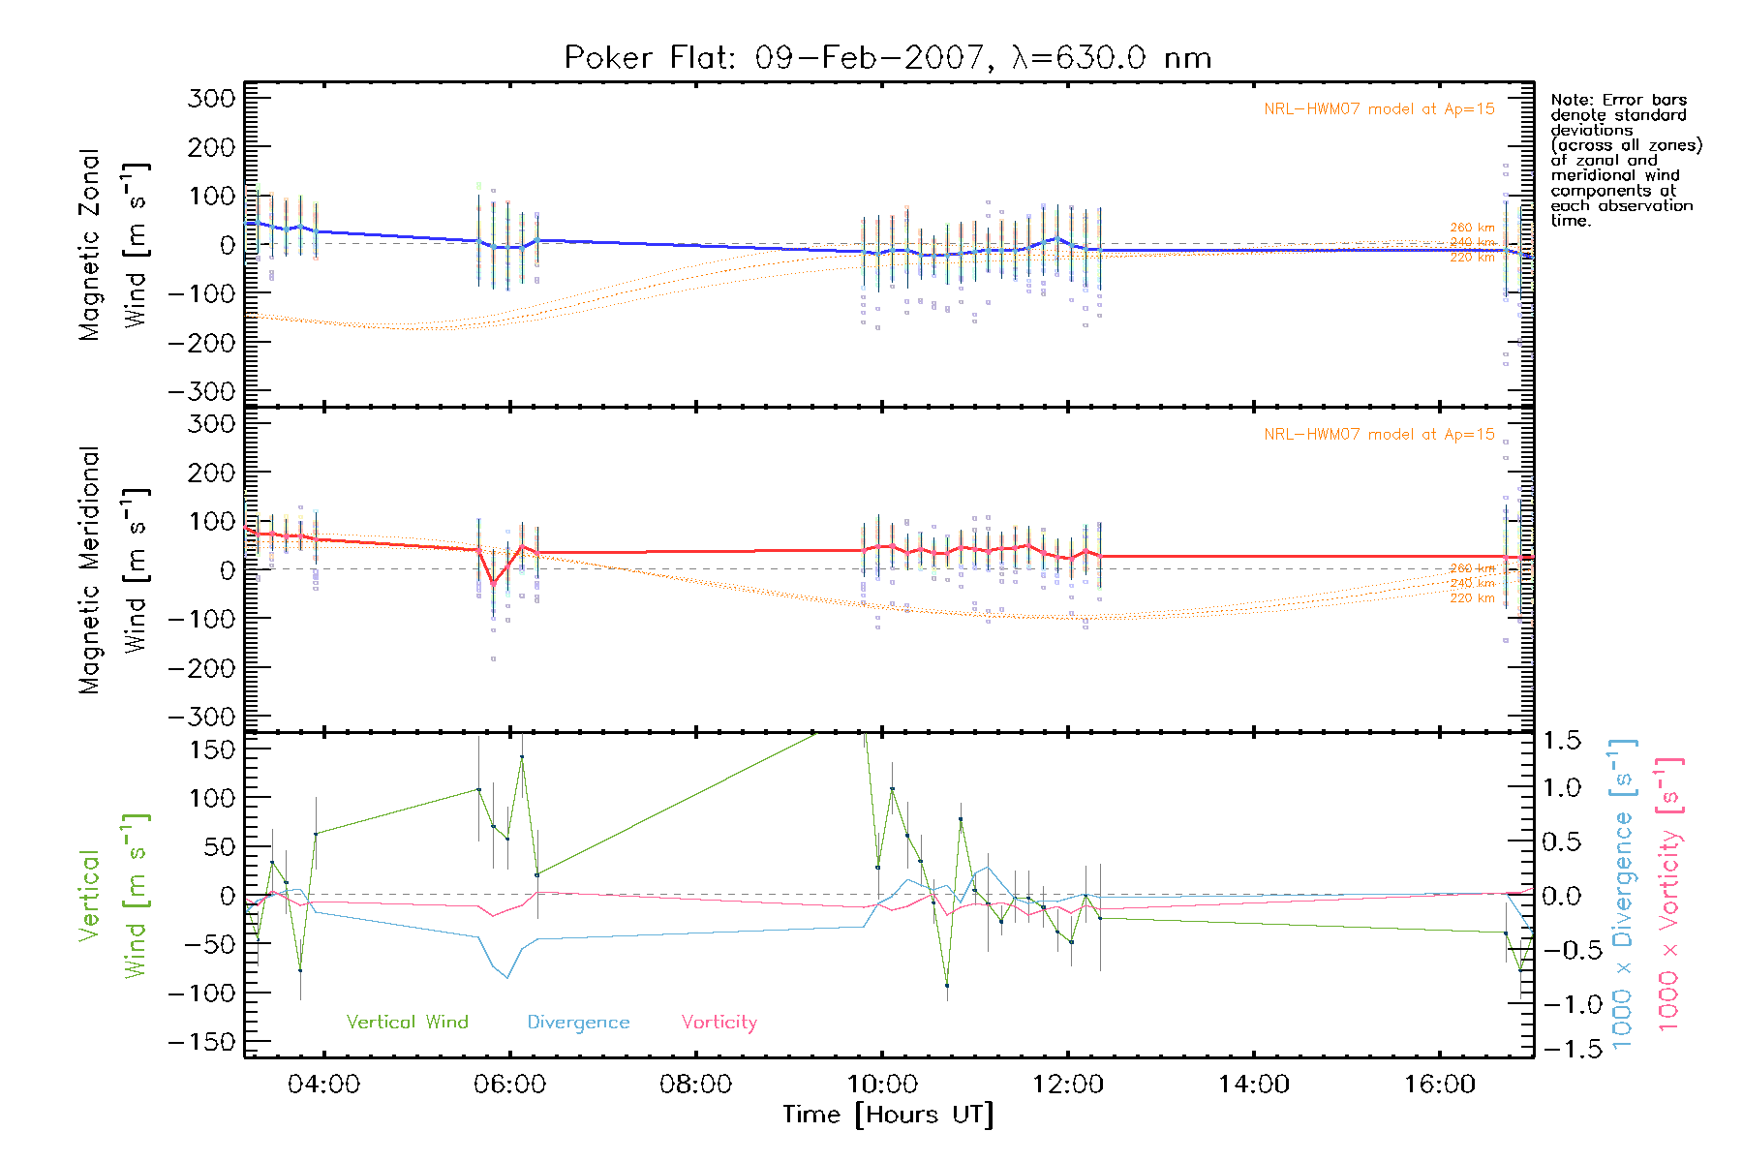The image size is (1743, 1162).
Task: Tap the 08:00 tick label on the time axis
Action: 695,1085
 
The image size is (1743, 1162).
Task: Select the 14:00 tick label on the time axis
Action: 1253,1085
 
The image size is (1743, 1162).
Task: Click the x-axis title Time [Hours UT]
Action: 887,1116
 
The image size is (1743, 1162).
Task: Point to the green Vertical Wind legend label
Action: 407,1023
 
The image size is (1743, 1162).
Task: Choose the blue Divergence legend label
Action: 578,1023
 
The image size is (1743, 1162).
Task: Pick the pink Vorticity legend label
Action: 719,1023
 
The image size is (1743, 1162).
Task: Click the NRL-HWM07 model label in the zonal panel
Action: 1379,109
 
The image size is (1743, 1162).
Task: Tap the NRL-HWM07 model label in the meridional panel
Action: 1379,435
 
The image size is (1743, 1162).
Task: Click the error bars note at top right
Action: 1625,160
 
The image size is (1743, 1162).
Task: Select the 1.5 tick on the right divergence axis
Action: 1561,741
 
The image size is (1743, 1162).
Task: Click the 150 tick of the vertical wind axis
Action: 213,749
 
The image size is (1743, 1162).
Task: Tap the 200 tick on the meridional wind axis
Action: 213,473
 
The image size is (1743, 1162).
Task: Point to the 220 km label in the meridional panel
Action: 1472,598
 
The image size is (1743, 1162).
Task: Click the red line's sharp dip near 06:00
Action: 493,583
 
